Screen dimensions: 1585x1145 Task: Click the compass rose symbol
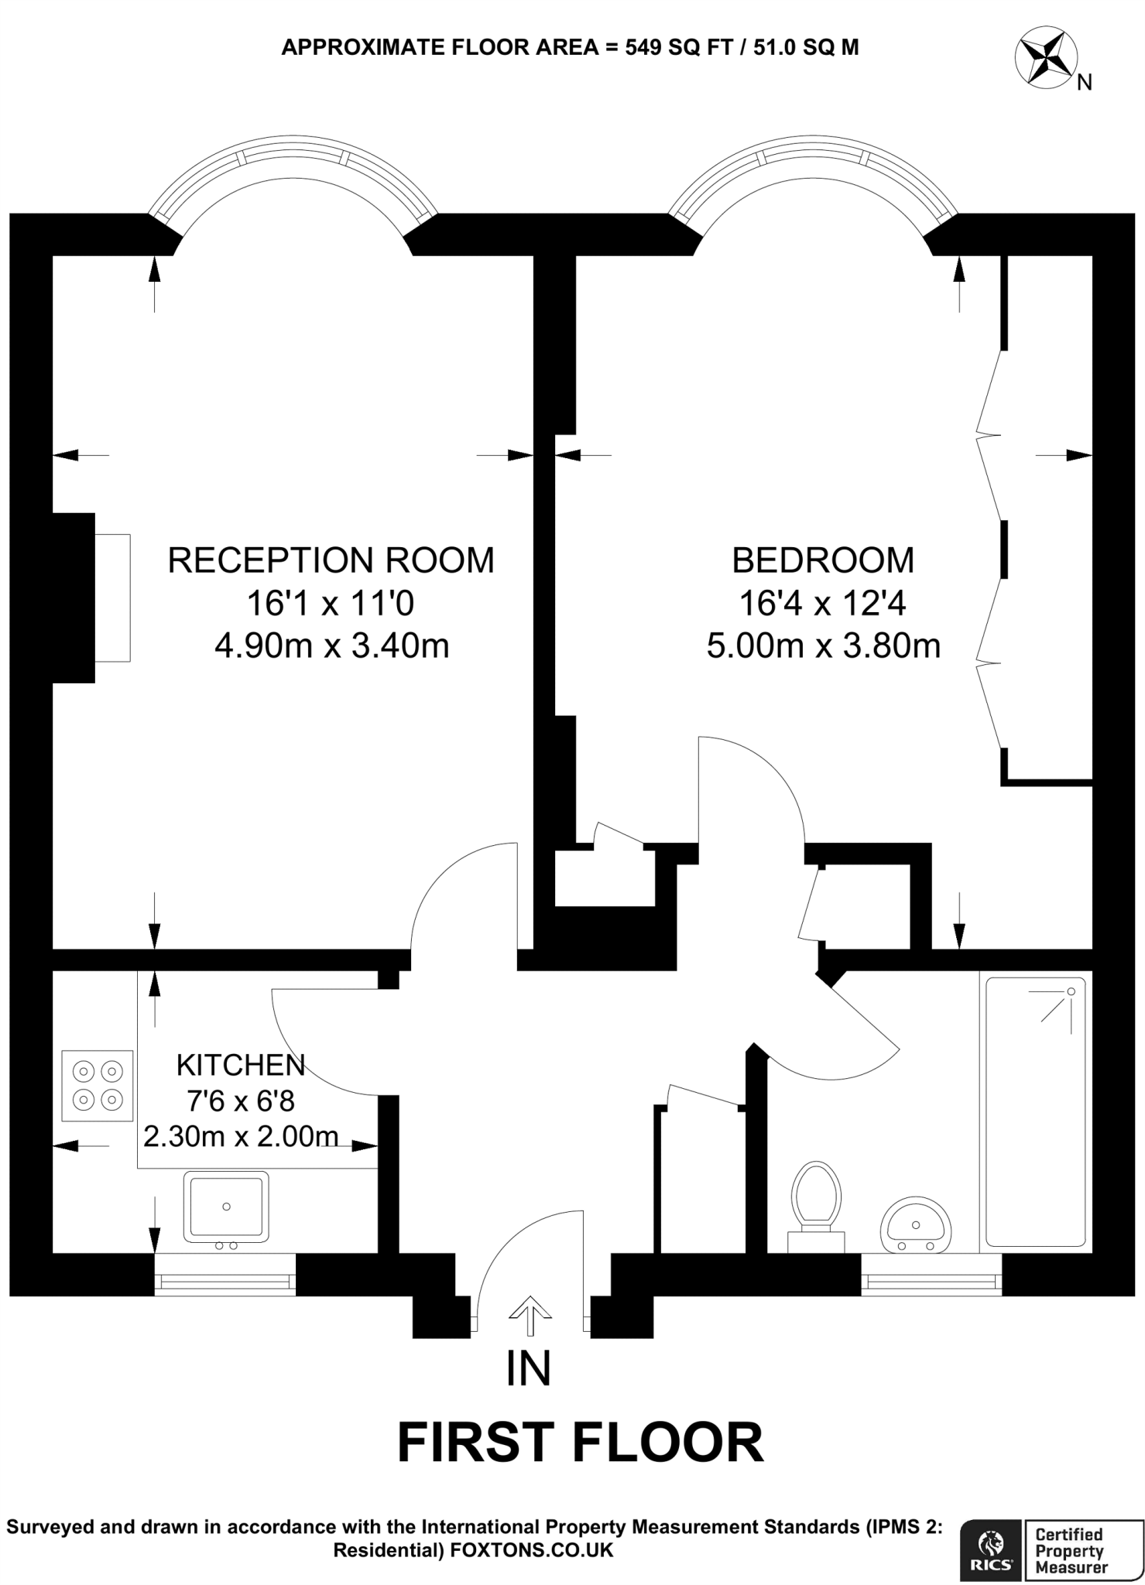[x=1044, y=56]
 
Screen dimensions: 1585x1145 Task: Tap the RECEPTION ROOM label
[x=331, y=560]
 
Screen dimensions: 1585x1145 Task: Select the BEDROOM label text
[x=822, y=560]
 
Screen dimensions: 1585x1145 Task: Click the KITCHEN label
[x=241, y=1066]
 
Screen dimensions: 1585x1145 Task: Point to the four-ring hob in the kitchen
[x=98, y=1085]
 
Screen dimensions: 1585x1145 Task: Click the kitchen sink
[x=226, y=1207]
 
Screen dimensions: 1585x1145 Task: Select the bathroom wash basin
[x=916, y=1225]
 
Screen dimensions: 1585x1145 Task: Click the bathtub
[x=1035, y=1111]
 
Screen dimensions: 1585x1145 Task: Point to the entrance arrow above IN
[x=530, y=1315]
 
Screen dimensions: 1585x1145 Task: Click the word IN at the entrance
[x=529, y=1368]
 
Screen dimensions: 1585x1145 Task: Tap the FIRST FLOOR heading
[x=580, y=1443]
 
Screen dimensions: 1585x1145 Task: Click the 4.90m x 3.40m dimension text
[x=331, y=645]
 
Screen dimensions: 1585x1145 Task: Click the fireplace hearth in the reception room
[x=112, y=597]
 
